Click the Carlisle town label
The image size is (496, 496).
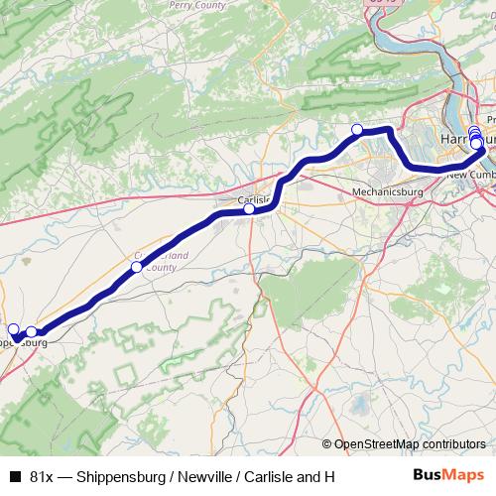click(256, 198)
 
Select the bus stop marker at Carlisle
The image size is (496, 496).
click(249, 209)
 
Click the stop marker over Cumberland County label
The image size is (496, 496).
click(137, 267)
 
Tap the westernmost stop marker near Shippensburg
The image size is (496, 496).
click(13, 329)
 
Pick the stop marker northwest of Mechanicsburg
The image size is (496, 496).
click(357, 129)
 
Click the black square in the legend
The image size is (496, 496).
click(14, 477)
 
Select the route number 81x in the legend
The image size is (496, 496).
click(43, 477)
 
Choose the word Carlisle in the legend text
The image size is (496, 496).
click(275, 477)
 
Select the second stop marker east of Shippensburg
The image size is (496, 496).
click(32, 332)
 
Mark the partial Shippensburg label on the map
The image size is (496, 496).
click(22, 343)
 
